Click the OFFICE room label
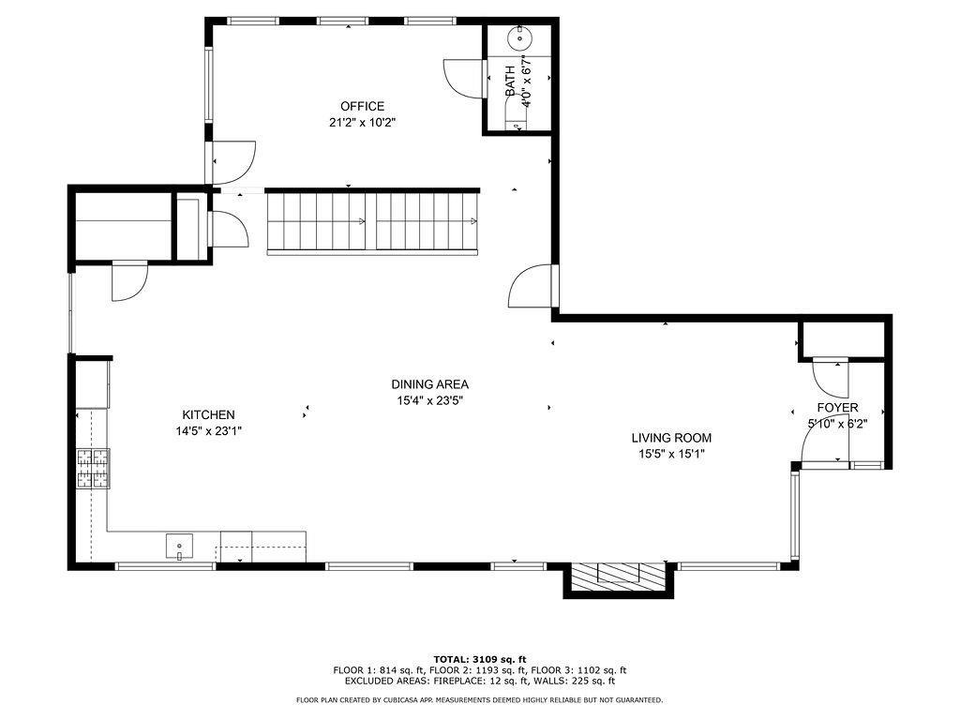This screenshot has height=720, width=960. point(363,106)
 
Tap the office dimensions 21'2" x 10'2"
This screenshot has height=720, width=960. point(363,123)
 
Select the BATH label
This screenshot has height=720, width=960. point(510,81)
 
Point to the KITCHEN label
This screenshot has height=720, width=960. point(208,414)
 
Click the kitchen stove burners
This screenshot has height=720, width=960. point(93,469)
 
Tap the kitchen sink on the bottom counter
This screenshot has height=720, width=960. point(179,547)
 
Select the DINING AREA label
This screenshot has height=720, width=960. point(429,384)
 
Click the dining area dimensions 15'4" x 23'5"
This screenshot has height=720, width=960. point(429,401)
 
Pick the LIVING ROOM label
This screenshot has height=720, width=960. point(671,438)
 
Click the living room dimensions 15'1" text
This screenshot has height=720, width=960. point(689,455)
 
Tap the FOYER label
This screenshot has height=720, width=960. point(837,408)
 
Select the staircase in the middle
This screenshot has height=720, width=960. point(372,221)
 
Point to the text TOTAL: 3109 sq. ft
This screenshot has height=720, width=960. point(480,659)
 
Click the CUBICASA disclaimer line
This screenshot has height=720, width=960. point(479,699)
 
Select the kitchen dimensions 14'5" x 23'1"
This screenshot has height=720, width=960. point(209,431)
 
